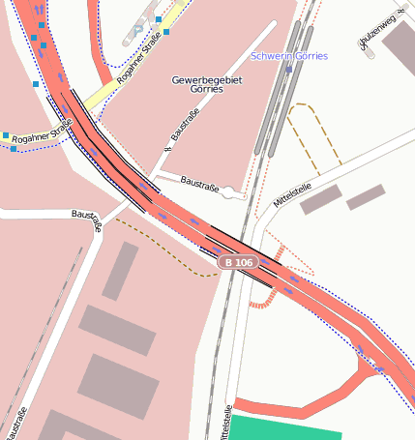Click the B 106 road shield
click(x=238, y=262)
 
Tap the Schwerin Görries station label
click(x=288, y=56)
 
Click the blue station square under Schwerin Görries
click(x=288, y=69)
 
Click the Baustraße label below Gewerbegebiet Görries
click(x=181, y=135)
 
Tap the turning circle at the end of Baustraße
click(x=228, y=192)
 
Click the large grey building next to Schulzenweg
click(x=399, y=46)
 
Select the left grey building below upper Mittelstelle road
click(x=321, y=198)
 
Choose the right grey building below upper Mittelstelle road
click(x=367, y=197)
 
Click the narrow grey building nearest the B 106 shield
click(x=120, y=270)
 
